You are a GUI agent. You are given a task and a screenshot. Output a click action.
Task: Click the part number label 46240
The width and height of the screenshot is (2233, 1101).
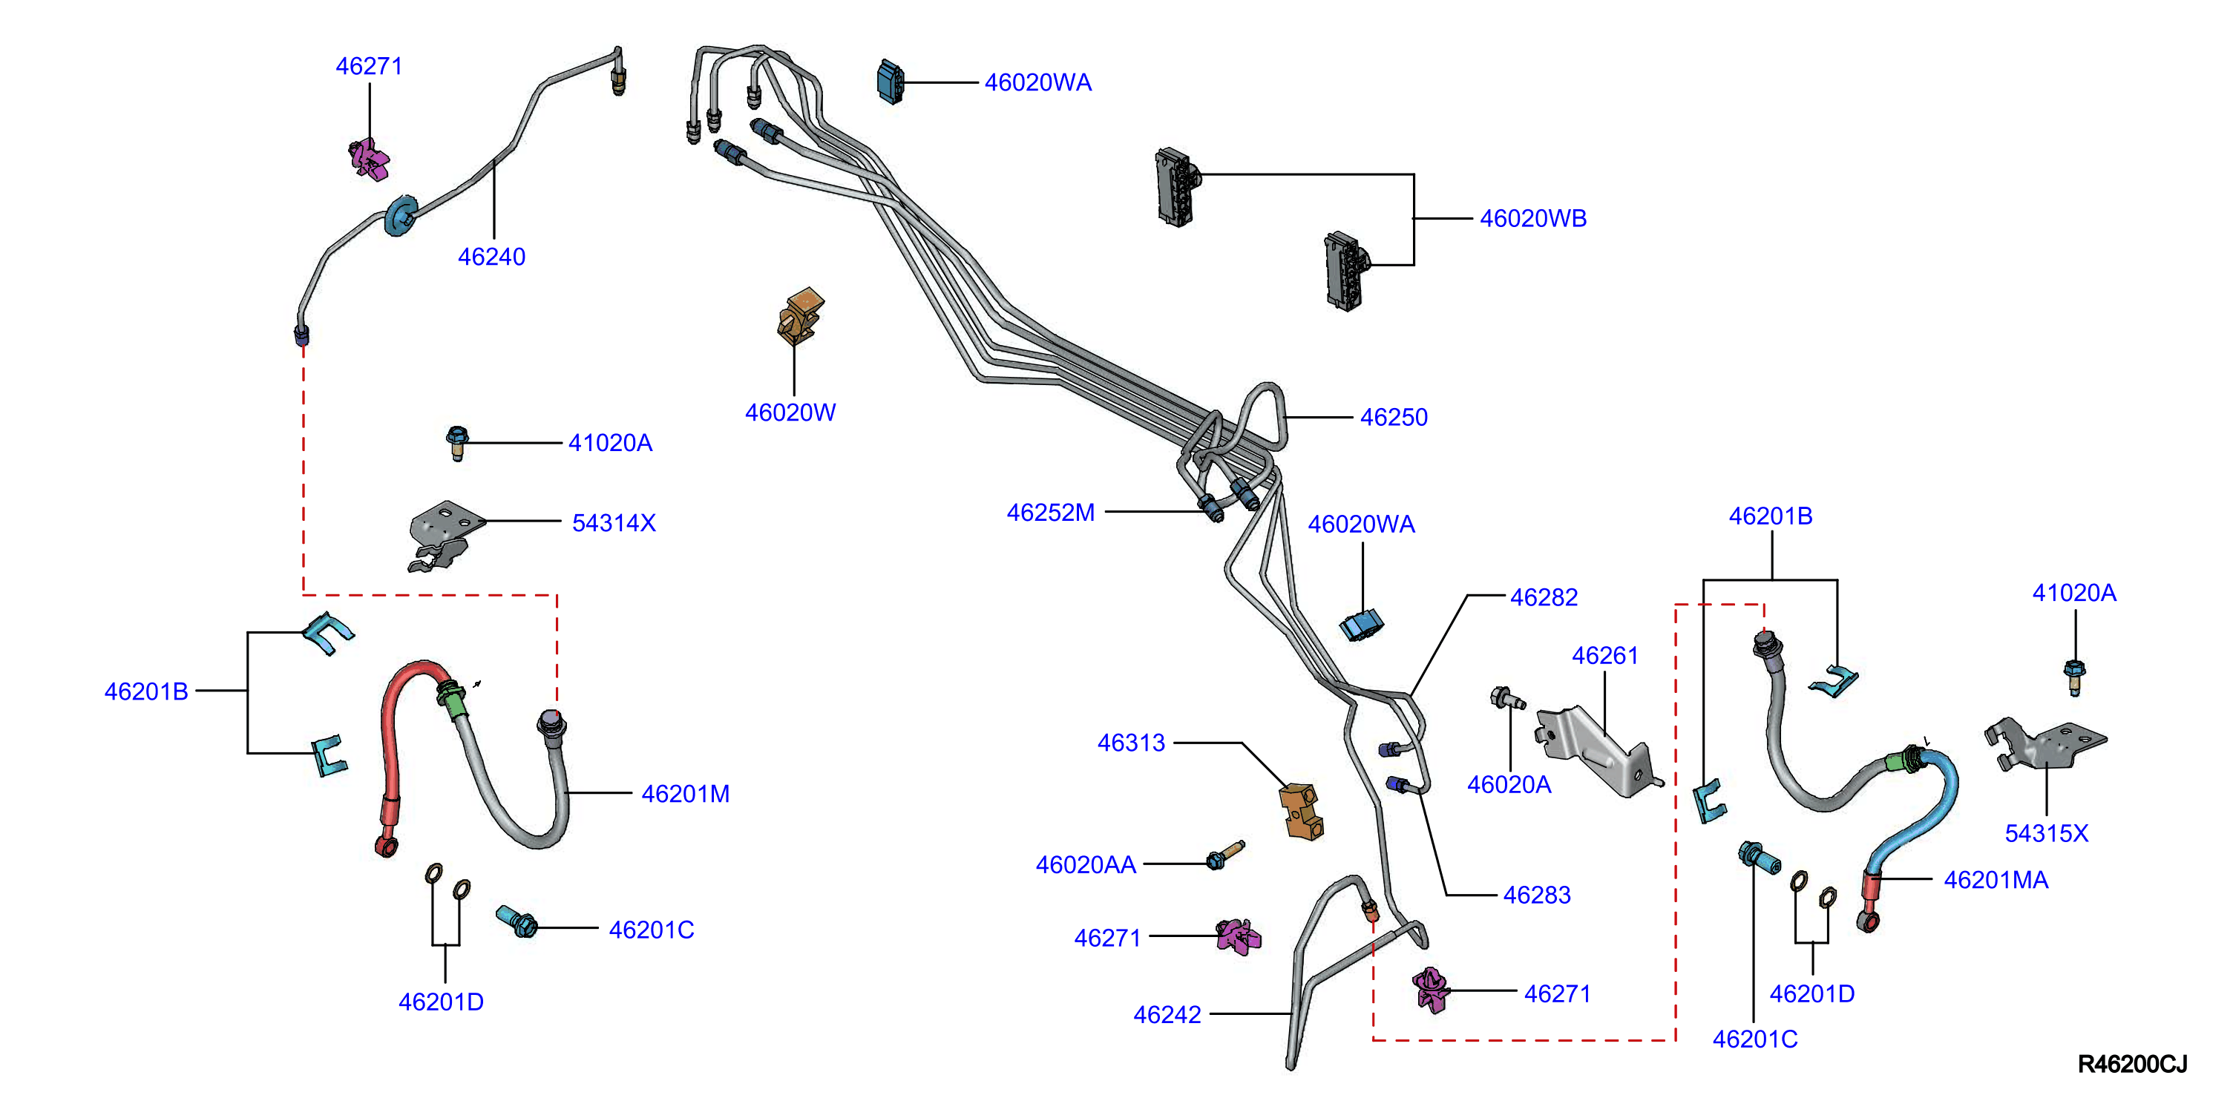[491, 257]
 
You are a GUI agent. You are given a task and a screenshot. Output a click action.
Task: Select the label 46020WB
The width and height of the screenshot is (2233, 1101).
[1532, 218]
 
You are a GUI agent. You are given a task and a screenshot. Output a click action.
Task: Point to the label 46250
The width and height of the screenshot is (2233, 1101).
[1393, 417]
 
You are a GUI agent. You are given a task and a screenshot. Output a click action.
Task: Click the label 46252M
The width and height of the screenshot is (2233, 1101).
[1051, 513]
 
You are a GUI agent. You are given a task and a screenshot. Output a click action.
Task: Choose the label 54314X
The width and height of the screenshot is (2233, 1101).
[614, 523]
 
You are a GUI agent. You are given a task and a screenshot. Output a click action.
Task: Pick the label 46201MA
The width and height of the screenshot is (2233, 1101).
[1996, 880]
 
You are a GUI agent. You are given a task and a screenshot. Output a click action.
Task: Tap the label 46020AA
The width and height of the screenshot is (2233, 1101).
[1085, 864]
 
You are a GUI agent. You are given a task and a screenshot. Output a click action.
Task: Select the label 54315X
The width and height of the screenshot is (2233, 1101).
[2046, 833]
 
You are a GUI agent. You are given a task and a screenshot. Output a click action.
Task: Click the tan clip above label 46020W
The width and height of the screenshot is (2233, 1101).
[800, 317]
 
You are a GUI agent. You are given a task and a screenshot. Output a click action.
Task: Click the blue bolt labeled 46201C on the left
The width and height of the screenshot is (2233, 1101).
[517, 921]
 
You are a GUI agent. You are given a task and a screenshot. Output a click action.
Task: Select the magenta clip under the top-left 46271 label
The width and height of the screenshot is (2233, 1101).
[370, 160]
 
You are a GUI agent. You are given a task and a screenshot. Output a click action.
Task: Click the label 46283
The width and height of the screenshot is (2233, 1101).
[1536, 895]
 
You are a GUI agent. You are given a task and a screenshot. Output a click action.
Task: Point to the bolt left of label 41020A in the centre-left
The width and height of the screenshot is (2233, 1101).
[457, 443]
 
